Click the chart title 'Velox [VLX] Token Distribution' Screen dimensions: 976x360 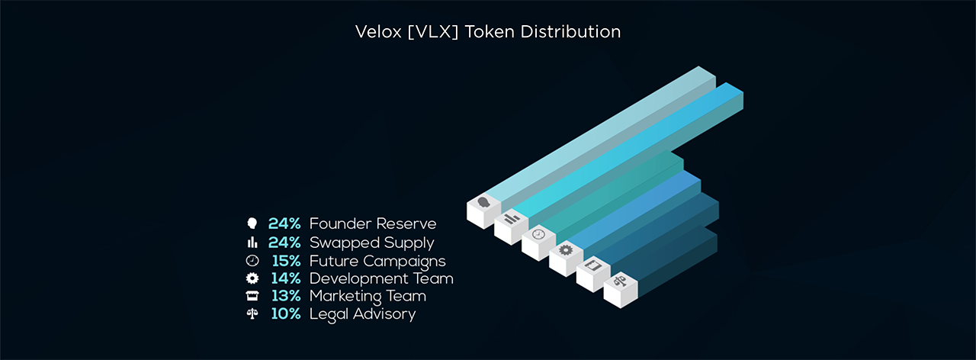(488, 32)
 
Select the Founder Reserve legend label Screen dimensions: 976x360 (373, 223)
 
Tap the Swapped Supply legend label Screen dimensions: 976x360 (371, 243)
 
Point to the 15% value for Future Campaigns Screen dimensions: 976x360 (286, 261)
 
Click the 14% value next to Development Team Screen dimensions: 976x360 (286, 278)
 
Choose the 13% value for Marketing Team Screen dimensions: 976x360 (286, 296)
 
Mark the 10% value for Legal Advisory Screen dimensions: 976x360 (286, 313)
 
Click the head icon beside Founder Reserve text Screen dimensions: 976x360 (252, 223)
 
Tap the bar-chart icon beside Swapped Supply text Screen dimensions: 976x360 (252, 243)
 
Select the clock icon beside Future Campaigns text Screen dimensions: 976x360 (252, 261)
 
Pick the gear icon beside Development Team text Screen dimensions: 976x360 (252, 278)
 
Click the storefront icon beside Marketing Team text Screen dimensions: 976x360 (252, 296)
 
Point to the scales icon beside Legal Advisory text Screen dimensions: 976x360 (252, 313)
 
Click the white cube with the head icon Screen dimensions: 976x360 (483, 211)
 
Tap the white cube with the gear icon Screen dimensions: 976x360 (566, 259)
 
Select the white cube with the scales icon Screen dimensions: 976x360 (621, 291)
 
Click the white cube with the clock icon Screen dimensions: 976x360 (538, 243)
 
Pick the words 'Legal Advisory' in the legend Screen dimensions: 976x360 (362, 314)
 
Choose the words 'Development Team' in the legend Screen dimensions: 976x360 (381, 278)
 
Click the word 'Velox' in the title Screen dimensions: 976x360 (378, 32)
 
